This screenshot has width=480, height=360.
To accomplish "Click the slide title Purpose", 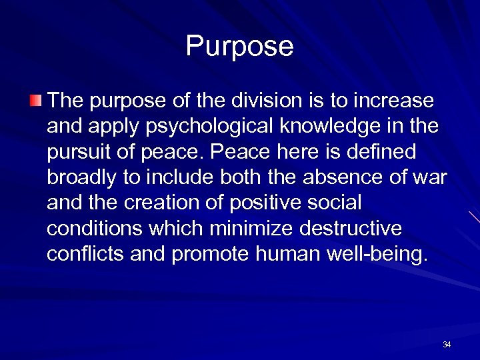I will (239, 47).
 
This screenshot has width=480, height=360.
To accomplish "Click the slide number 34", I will (446, 345).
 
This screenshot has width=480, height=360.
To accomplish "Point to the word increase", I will (394, 102).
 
